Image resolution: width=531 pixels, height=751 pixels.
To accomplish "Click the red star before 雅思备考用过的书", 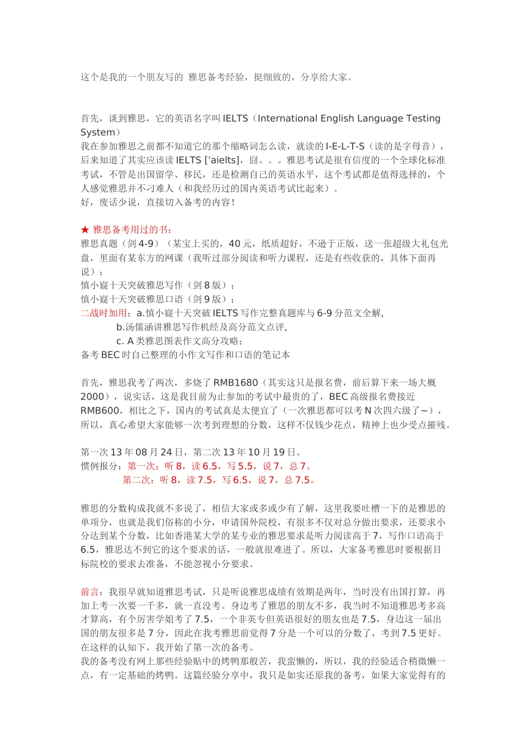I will (85, 230).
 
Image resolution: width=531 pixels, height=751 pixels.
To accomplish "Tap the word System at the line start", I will (97, 132).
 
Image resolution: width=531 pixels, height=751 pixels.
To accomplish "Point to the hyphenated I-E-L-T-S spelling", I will (345, 146).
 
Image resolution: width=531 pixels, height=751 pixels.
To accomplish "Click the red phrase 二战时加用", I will (103, 313).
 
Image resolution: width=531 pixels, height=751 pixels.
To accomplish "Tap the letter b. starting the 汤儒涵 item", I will (120, 327).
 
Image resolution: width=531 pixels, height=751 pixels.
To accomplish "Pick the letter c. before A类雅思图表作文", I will (120, 341).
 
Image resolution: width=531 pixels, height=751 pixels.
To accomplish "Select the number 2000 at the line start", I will (92, 397).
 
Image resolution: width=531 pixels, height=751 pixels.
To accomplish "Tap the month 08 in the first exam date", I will (141, 452).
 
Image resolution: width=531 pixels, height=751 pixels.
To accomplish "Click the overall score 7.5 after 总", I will (302, 480).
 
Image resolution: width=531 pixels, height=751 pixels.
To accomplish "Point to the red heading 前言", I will (89, 592).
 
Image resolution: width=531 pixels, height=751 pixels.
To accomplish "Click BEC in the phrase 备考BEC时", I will (111, 355).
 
